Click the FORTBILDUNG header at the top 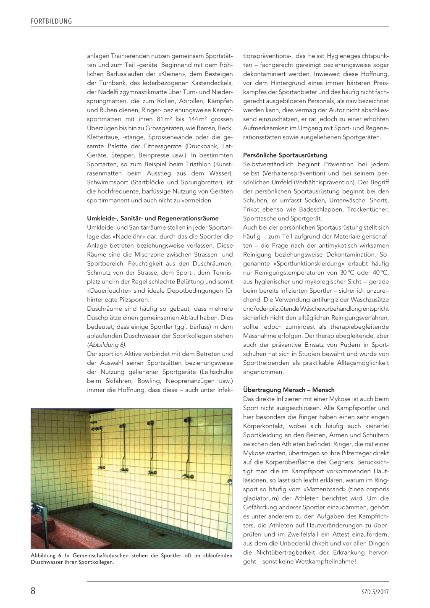click(51, 21)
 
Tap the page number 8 click(33, 591)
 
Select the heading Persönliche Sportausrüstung click(285, 155)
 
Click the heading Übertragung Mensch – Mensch click(288, 390)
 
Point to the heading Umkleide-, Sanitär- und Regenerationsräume click(152, 218)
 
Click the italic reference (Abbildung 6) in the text click(106, 345)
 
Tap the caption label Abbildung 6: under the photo click(47, 556)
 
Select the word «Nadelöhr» click(126, 236)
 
